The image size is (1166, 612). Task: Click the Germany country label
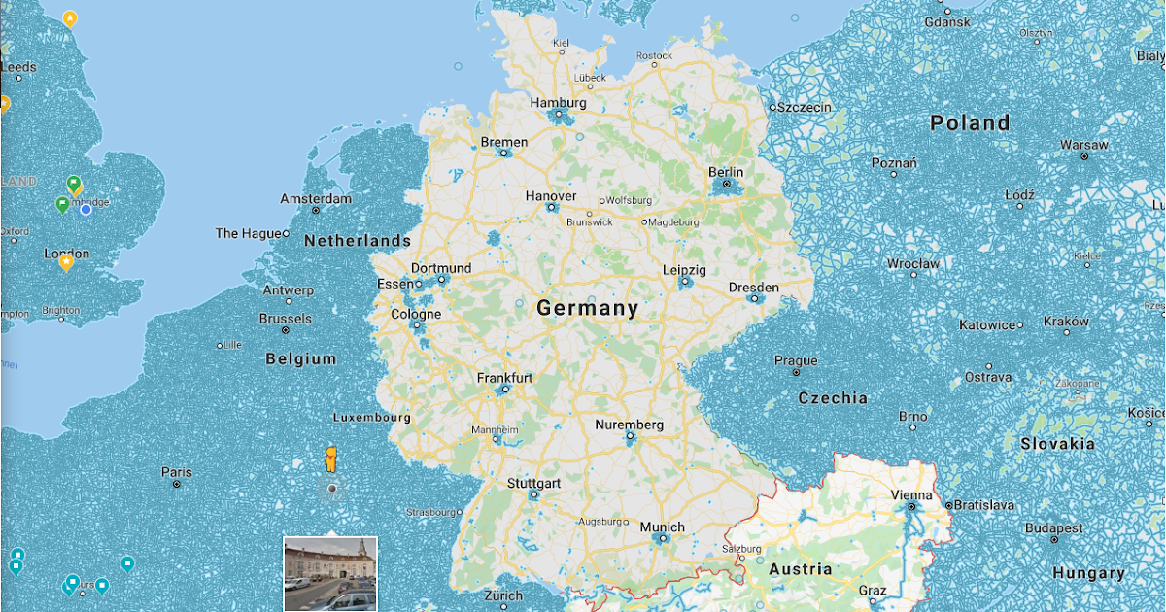pos(588,309)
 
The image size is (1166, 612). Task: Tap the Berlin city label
pos(726,172)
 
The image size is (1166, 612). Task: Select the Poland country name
pos(970,123)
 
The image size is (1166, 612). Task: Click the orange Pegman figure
pos(331,459)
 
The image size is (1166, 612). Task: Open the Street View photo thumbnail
pos(329,573)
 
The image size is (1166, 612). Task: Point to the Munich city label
pos(662,527)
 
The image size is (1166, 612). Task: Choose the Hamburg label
pos(558,103)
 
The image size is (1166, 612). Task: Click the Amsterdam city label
pos(316,199)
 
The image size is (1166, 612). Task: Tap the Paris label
pos(176,472)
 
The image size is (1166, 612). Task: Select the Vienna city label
pos(911,494)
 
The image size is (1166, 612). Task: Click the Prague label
pos(796,361)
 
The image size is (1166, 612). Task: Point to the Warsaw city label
pos(1083,145)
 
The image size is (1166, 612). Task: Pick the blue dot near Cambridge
pos(86,209)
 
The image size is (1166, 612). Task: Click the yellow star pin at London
pos(66,261)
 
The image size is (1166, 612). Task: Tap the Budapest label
pos(1054,528)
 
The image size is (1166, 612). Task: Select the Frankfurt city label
pos(504,378)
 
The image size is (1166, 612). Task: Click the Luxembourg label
pos(371,418)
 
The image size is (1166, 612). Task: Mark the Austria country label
pos(800,569)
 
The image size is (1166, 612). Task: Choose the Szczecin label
pos(804,107)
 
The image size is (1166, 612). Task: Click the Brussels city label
pos(286,319)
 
